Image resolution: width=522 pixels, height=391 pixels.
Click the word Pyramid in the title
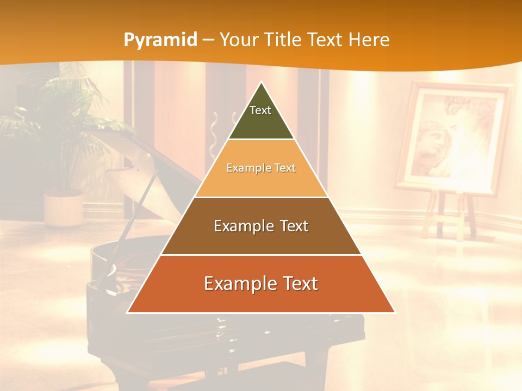pos(160,40)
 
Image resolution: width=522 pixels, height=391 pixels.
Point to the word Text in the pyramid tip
pos(260,110)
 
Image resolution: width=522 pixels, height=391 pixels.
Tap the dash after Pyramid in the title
pos(208,40)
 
